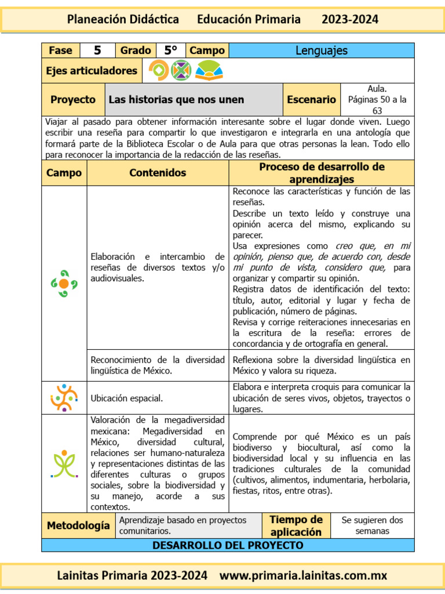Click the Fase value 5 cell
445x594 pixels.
coord(97,50)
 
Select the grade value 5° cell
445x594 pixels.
coord(170,50)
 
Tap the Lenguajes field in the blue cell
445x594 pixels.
coord(321,50)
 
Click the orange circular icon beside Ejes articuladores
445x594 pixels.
coord(158,71)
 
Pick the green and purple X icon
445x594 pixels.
coord(181,71)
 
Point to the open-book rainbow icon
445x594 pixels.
coord(209,71)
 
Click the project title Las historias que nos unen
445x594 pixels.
coord(176,100)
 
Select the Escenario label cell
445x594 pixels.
coord(311,100)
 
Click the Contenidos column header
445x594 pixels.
coord(158,173)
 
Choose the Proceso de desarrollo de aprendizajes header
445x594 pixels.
coord(322,173)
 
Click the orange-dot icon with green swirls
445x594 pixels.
coord(64,283)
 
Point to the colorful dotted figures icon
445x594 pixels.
coord(64,398)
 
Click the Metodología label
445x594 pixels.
coord(78,526)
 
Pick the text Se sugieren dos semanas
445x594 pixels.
coord(372,526)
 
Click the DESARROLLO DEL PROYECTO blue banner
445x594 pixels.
coord(228,545)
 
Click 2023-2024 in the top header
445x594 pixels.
coord(350,20)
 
